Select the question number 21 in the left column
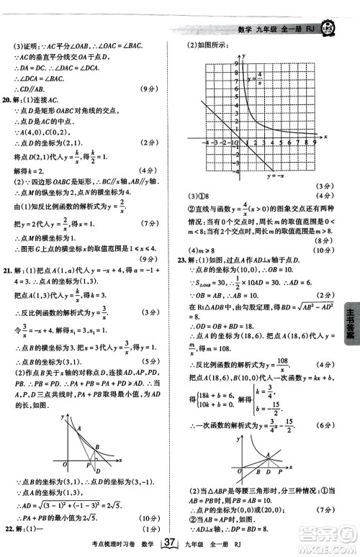[9, 269]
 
